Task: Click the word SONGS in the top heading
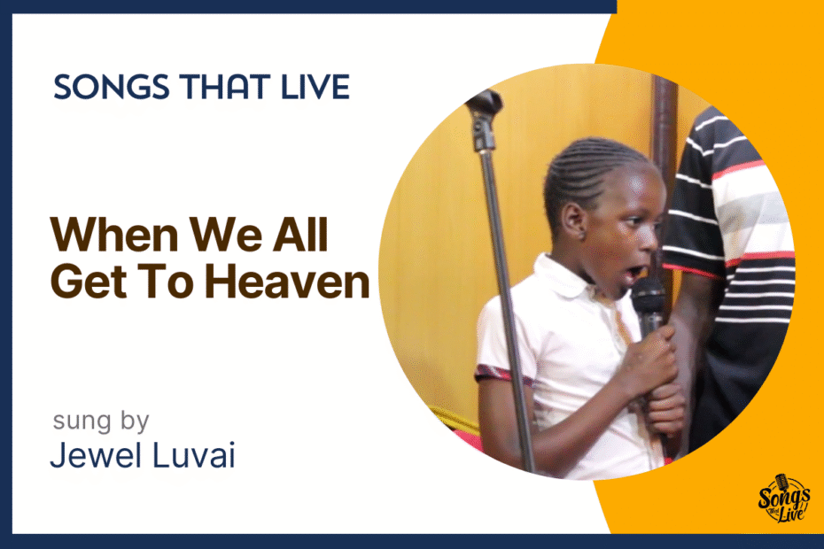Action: tap(112, 87)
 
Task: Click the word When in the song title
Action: tap(114, 235)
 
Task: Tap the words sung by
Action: tap(101, 421)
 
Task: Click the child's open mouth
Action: tap(634, 274)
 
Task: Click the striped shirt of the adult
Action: tap(735, 236)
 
